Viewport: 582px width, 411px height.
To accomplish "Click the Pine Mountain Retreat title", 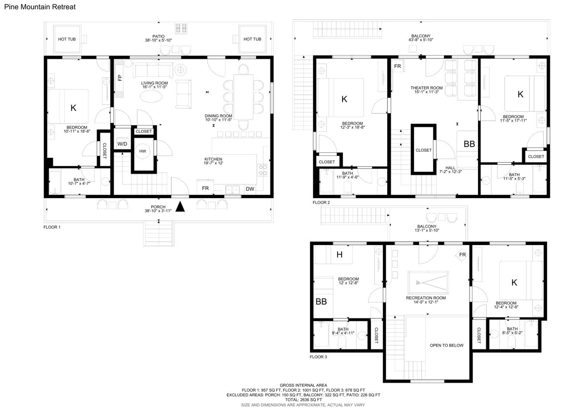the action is point(40,7).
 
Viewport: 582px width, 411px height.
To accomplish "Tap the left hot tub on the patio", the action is point(67,39).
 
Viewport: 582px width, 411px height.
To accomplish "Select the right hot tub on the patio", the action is point(252,39).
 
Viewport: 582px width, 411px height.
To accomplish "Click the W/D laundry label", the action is point(122,144).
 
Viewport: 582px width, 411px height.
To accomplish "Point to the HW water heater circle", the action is point(143,151).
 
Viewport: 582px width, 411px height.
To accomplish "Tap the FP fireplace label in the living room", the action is point(120,78).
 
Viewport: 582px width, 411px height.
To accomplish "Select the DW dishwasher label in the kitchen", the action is point(250,189).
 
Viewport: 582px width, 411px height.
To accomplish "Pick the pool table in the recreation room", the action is point(428,283).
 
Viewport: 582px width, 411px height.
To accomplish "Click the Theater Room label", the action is point(427,88).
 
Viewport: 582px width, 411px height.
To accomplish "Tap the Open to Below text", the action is point(447,345).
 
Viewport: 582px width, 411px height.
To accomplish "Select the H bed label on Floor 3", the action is point(340,255).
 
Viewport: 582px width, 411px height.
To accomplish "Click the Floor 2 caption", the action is point(321,202).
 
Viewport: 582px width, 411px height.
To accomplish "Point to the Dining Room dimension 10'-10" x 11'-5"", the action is point(218,120).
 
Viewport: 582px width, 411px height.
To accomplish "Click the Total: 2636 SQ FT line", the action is point(303,400).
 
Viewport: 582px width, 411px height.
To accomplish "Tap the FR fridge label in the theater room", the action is point(398,66).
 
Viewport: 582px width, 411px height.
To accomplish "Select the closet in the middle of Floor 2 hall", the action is point(424,149).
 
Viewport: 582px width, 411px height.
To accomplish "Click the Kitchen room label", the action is point(213,159).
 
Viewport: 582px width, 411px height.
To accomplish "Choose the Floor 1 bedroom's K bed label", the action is point(73,108).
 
